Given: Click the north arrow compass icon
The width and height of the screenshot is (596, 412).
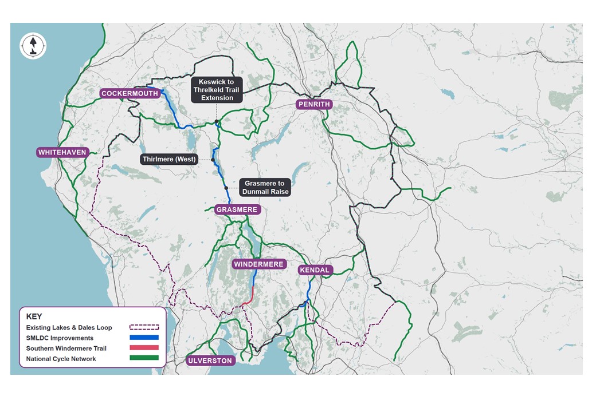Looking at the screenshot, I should (33, 46).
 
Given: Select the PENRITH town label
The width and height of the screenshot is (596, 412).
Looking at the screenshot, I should (315, 104).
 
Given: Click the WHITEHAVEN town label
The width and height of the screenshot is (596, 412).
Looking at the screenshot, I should (62, 152).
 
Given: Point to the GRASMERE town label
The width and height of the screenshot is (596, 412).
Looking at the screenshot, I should (237, 210).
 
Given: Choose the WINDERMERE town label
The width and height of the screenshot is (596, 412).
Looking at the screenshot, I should (258, 264).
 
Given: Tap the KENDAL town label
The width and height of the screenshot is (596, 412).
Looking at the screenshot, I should (315, 270).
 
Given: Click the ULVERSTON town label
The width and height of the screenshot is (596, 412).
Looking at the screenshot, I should (211, 360).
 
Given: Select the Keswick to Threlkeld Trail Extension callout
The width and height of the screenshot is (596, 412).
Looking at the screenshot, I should (217, 90).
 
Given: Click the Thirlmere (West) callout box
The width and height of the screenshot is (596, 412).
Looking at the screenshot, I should (169, 159).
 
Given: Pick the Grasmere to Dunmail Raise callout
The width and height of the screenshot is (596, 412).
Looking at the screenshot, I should (265, 188).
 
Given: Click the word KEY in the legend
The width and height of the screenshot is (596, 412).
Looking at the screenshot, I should (34, 316).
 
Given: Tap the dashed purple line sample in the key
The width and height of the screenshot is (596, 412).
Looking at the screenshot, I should (144, 328).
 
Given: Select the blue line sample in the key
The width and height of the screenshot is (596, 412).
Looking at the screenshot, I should (144, 338).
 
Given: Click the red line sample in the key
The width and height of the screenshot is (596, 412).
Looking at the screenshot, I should (144, 348).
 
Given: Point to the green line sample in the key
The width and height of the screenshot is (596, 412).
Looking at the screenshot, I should (144, 358).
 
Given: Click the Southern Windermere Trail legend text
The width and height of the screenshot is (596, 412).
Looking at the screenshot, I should (66, 348).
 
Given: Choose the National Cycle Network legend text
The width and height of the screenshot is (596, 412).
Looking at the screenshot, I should (61, 359).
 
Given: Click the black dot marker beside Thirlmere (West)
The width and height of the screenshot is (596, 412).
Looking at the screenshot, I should (213, 160).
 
